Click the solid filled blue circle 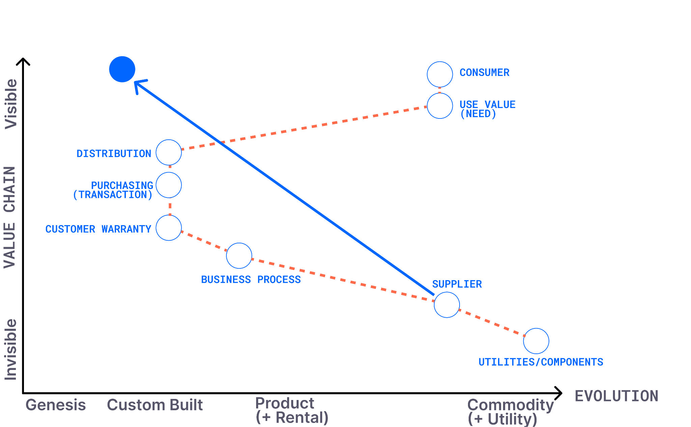122,69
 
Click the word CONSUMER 485,73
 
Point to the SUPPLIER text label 457,284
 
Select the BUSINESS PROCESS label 251,279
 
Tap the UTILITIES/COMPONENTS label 541,362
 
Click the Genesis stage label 56,405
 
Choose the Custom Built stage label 155,405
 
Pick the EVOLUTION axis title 616,396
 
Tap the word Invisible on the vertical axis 10,350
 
